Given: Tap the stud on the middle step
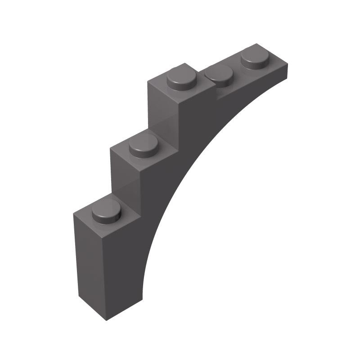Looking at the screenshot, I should [144, 146].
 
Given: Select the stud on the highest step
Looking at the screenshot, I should [182, 80].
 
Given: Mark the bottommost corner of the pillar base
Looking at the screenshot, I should [106, 320].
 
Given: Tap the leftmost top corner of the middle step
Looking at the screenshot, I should [111, 148].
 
